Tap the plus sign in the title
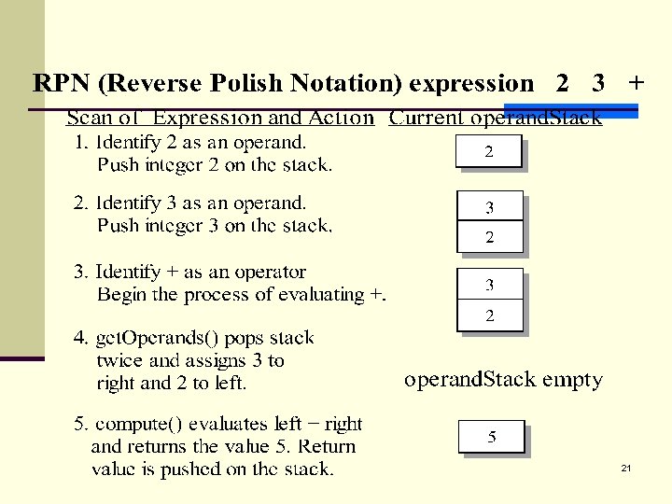click(636, 83)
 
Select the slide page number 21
click(625, 468)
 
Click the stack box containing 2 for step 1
click(488, 152)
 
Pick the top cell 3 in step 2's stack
click(489, 207)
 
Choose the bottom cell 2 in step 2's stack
click(489, 237)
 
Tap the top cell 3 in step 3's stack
click(489, 285)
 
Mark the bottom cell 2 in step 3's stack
click(489, 316)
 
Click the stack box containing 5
click(492, 437)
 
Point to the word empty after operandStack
click(572, 380)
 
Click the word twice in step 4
click(119, 360)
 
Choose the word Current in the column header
click(427, 119)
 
